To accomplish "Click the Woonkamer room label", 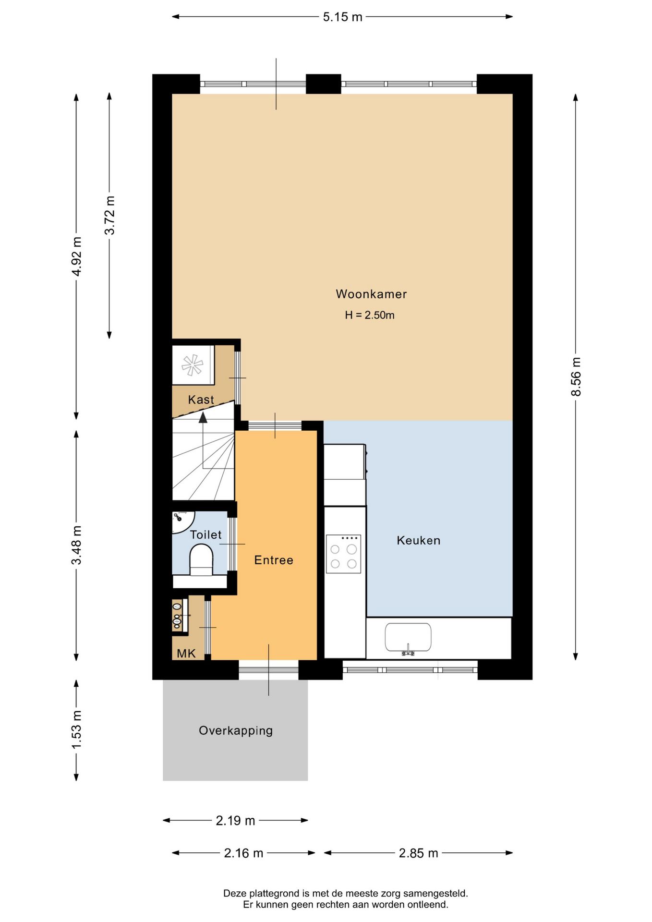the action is [x=371, y=294].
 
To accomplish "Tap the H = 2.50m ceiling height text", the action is [x=370, y=315].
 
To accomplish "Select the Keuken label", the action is [x=419, y=540].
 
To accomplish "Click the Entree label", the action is [x=274, y=560].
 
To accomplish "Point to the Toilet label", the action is [x=206, y=534].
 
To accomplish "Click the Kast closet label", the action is [x=201, y=400].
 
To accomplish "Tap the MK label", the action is [x=186, y=653].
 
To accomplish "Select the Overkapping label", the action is [x=236, y=730].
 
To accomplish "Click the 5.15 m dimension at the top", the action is [x=342, y=17].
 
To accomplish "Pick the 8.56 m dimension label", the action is [x=576, y=376].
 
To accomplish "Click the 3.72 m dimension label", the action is [x=109, y=215].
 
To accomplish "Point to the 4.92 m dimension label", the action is [x=76, y=256].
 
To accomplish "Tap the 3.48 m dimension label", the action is [x=76, y=545].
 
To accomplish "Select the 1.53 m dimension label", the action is [x=76, y=729].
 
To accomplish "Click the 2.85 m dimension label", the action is [x=418, y=853].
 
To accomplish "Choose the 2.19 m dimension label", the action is [x=235, y=820].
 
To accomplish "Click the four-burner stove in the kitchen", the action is [x=343, y=554].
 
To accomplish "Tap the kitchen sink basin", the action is [x=408, y=637].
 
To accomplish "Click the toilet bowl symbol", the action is [x=201, y=559].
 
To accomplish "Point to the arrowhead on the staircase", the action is [x=203, y=418].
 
